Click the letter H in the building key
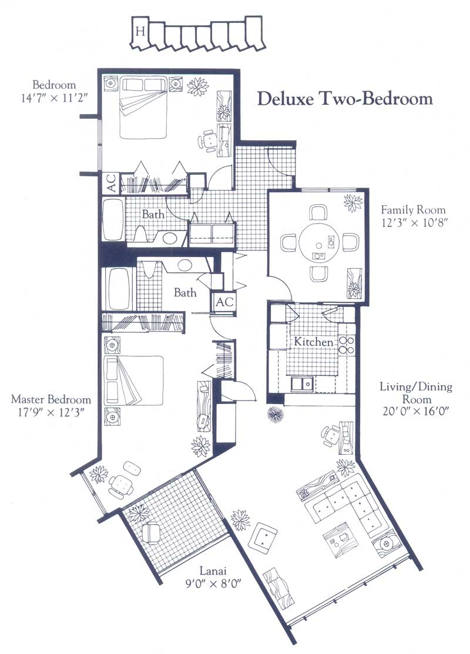click(x=140, y=31)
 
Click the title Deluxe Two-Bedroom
click(x=345, y=99)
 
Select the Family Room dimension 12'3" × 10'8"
click(x=414, y=223)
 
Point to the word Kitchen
click(x=314, y=342)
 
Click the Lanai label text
click(x=213, y=570)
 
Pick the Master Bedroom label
click(x=51, y=399)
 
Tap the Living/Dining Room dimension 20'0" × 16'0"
click(x=415, y=411)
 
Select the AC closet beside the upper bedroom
click(x=111, y=183)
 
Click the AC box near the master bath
click(x=225, y=301)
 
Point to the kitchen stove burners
click(x=346, y=345)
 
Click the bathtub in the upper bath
click(x=113, y=219)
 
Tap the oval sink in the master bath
click(x=183, y=265)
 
